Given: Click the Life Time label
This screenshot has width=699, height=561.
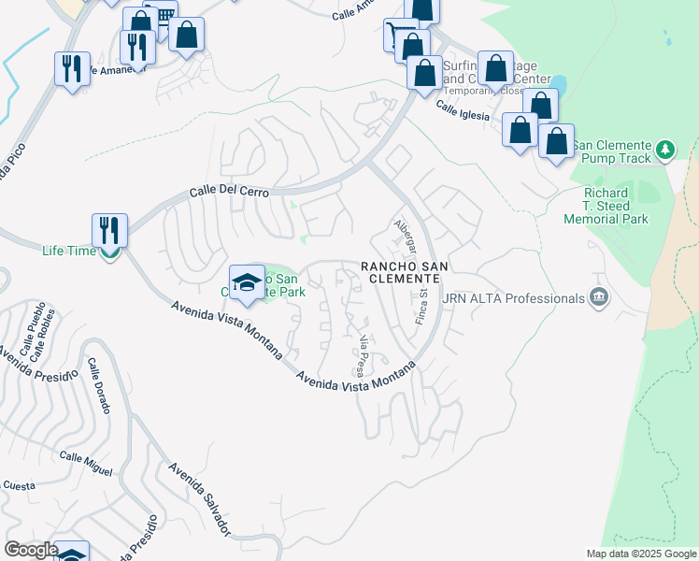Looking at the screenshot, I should click(69, 251).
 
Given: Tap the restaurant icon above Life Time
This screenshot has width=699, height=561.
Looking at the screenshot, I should click(109, 229).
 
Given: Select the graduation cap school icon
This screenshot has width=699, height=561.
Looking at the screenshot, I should click(246, 280).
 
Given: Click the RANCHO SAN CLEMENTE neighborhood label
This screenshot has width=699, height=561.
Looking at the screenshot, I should click(405, 273).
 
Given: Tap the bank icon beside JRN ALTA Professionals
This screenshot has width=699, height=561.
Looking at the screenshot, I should click(599, 298).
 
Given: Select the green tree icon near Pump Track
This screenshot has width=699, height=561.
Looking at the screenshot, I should click(665, 149).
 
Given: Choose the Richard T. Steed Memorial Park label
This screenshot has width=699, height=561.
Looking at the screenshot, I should click(606, 206).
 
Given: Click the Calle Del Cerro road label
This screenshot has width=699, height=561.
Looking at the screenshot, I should click(230, 191).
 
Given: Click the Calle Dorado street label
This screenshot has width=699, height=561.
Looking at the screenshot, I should click(100, 386).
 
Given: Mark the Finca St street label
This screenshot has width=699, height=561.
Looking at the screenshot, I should click(421, 307).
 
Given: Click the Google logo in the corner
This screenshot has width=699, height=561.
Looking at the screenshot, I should click(30, 550).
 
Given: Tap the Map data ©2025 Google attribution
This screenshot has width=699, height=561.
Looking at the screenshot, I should click(640, 554).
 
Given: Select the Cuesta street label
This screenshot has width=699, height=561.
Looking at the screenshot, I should click(19, 485).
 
